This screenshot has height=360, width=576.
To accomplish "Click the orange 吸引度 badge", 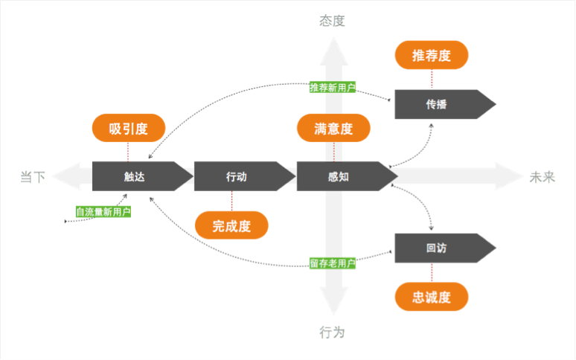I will point(129,129).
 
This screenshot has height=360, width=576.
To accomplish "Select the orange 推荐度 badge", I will point(432,55).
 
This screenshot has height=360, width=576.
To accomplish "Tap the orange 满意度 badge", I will point(333,129).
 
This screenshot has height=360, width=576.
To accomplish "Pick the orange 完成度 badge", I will point(231,227).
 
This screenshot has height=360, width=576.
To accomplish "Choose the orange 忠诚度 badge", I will point(432,298).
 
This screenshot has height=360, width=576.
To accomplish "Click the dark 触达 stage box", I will point(137,176).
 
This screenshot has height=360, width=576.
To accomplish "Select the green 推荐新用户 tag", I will point(333,87).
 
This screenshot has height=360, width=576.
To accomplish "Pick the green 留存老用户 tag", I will point(333,263).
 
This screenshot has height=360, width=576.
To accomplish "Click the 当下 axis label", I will point(33,177).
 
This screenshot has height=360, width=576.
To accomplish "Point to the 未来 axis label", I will point(543,177).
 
